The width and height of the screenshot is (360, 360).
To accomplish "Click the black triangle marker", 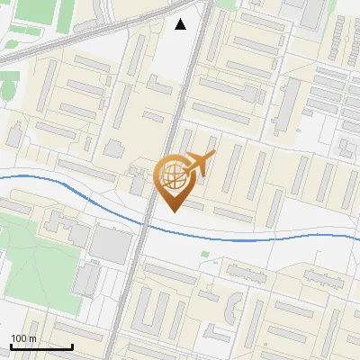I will click(181, 24).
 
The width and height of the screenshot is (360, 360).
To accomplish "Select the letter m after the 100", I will click(32, 338).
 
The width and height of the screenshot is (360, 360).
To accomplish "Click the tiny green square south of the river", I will click(204, 254).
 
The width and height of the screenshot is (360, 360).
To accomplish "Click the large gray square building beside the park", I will click(111, 244).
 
